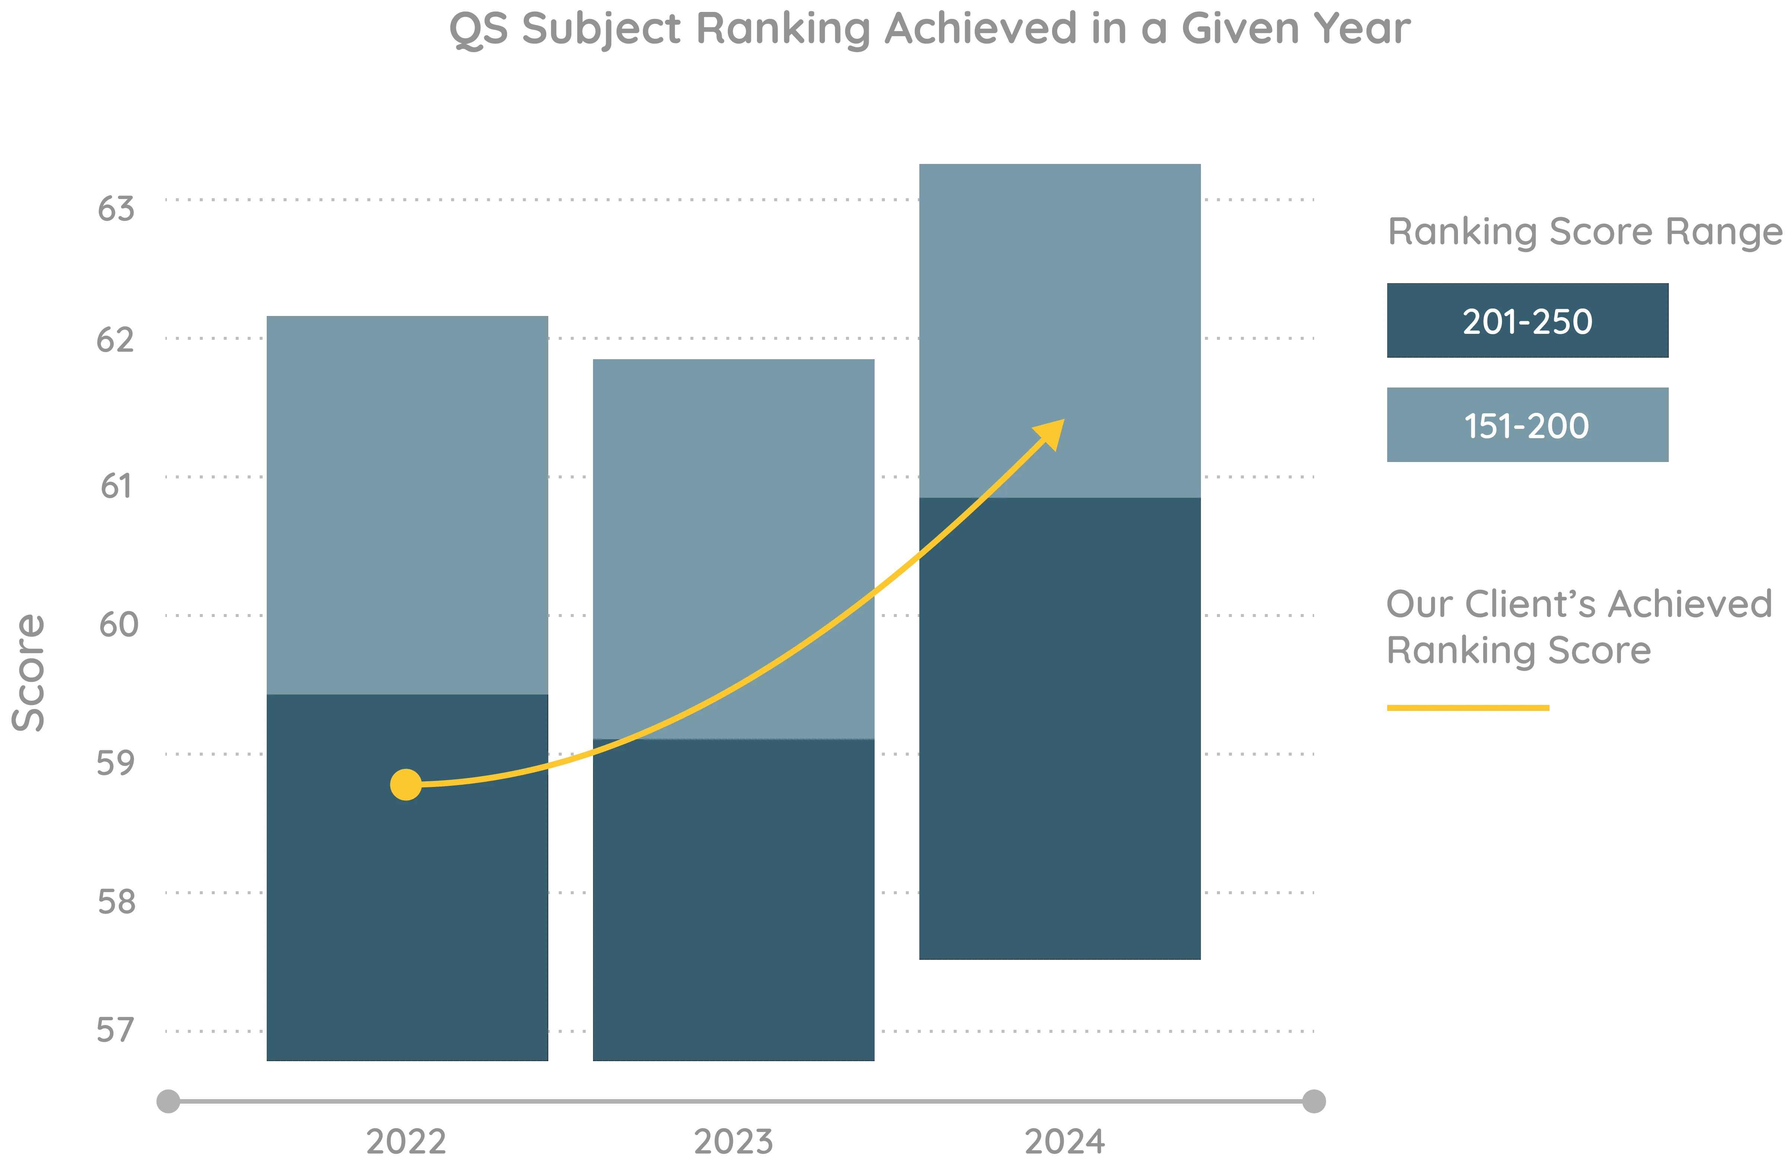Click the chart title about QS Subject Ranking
[x=930, y=30]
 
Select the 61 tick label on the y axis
[x=116, y=485]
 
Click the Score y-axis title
[x=29, y=673]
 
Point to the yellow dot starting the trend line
[x=406, y=785]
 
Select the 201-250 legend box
[x=1526, y=320]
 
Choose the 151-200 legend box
[x=1526, y=424]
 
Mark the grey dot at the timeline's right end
[x=1313, y=1101]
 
